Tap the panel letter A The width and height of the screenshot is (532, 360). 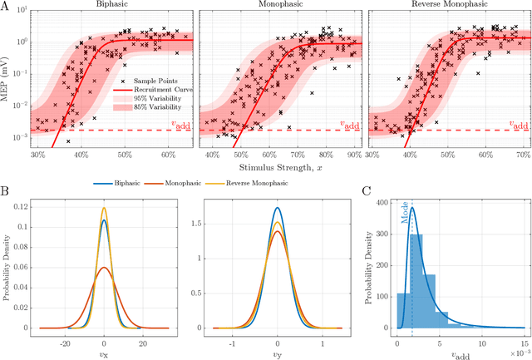click(6, 6)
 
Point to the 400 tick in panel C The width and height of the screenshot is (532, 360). click(378, 202)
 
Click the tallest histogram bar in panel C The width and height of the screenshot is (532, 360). click(416, 282)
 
